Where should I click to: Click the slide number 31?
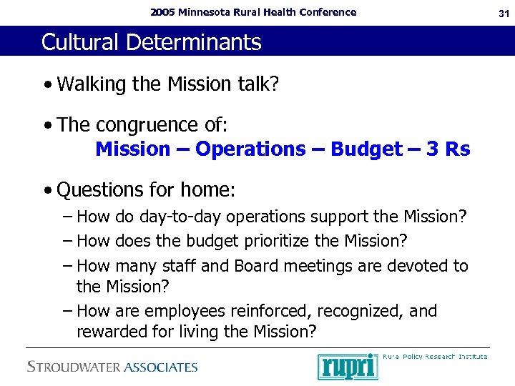[501, 12]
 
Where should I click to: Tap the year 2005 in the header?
[162, 12]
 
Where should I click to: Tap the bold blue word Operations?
[250, 149]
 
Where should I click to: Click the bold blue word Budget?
[367, 149]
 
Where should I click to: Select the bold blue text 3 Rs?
[448, 149]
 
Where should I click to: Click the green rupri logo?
[348, 366]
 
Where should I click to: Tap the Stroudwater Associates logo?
[112, 367]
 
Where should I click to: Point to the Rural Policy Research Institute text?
[436, 356]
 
